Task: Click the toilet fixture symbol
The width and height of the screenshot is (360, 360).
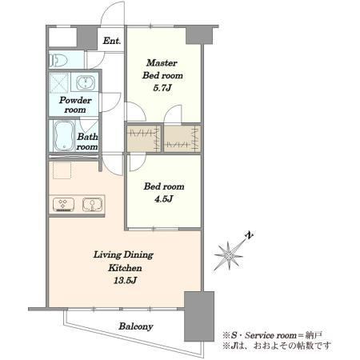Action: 58,60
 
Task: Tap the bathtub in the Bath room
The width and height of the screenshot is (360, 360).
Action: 64,135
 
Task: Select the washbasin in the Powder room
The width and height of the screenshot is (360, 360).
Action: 86,82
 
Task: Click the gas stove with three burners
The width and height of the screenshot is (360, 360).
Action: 63,205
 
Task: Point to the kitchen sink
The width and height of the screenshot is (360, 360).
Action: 92,205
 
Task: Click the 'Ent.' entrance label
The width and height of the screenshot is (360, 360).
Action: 112,41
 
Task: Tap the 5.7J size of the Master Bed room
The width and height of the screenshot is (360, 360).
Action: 162,88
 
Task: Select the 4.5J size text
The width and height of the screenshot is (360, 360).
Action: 164,198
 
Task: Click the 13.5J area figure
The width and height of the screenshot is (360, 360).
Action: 125,280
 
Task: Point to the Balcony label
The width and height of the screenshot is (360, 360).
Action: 136,326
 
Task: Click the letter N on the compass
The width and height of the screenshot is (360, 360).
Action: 250,235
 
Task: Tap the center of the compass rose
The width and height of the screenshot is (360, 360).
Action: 229,256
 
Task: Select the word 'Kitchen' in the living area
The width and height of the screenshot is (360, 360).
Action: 125,267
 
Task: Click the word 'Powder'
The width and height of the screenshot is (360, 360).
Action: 75,100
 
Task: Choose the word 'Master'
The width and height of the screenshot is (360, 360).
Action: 162,63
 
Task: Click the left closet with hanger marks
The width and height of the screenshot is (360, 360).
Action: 144,138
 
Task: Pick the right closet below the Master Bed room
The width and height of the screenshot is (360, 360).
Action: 182,138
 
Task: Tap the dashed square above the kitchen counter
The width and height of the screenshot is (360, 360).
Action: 62,170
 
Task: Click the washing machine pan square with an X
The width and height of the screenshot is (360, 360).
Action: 59,82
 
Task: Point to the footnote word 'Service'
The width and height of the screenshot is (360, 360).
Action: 258,335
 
